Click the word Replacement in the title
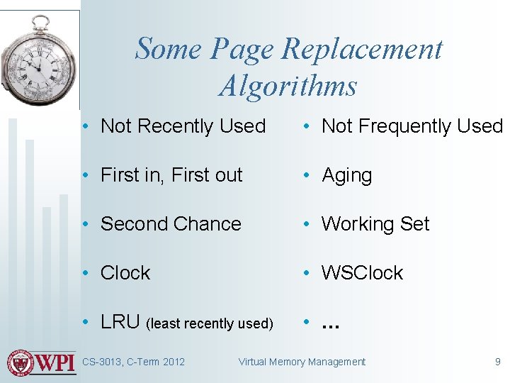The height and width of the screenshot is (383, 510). (362, 50)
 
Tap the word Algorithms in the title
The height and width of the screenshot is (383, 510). (288, 86)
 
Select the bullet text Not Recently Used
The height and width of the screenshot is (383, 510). (183, 126)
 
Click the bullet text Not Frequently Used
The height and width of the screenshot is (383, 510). (412, 126)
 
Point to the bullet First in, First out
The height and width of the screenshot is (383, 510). (171, 175)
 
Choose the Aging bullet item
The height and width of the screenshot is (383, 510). (346, 175)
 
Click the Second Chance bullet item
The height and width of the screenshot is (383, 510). (171, 224)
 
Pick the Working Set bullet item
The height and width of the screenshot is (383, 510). (375, 224)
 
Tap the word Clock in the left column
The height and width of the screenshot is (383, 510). (125, 273)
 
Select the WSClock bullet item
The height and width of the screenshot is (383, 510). (362, 273)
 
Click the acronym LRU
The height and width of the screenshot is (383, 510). (120, 322)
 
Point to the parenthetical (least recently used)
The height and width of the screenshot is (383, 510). (209, 324)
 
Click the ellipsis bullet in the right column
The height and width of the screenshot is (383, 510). (330, 325)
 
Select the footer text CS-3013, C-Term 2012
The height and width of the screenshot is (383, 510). (133, 362)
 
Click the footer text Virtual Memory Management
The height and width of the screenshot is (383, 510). (302, 362)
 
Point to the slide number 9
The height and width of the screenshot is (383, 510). (497, 362)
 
